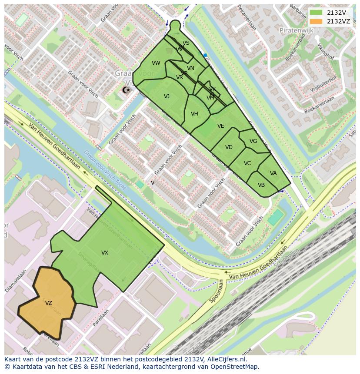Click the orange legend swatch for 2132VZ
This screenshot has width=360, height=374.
click(x=316, y=21)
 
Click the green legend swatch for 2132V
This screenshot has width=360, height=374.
click(x=316, y=13)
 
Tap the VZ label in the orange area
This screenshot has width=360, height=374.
click(x=49, y=303)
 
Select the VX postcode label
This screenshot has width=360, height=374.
click(x=105, y=253)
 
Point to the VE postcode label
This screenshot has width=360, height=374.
click(x=221, y=126)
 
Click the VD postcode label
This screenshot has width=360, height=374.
click(x=229, y=147)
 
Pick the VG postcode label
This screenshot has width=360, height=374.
click(x=253, y=141)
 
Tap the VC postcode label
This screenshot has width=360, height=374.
click(x=247, y=163)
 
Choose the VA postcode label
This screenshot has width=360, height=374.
click(x=273, y=173)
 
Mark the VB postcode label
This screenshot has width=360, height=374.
click(x=261, y=185)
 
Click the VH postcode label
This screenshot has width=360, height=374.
click(x=194, y=114)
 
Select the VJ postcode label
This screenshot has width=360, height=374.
click(x=167, y=96)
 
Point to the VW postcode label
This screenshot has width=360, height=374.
click(x=156, y=63)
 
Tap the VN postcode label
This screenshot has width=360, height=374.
click(x=190, y=68)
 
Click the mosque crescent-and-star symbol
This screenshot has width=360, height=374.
click(x=127, y=90)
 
